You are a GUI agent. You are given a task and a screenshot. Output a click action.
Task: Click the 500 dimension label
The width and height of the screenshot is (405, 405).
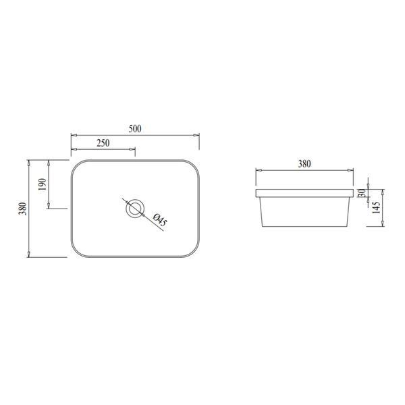pos(135,129)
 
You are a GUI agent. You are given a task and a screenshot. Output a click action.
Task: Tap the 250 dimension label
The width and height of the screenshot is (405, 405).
pos(103,143)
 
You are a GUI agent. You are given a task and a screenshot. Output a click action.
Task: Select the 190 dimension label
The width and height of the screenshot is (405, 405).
pos(42,184)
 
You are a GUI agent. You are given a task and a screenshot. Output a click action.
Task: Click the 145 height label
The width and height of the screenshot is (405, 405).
pos(377,207)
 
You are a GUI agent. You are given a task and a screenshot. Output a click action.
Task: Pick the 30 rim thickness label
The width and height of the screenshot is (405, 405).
pos(362,193)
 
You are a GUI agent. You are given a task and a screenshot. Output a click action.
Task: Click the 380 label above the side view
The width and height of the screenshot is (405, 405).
pos(304,163)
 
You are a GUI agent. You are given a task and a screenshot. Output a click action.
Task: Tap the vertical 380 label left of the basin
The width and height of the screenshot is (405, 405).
pos(22,209)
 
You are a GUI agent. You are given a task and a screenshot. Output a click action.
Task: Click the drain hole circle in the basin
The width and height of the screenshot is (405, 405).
pos(135,208)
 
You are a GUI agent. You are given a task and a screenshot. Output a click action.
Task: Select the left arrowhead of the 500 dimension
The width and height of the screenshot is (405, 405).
pos(74,135)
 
